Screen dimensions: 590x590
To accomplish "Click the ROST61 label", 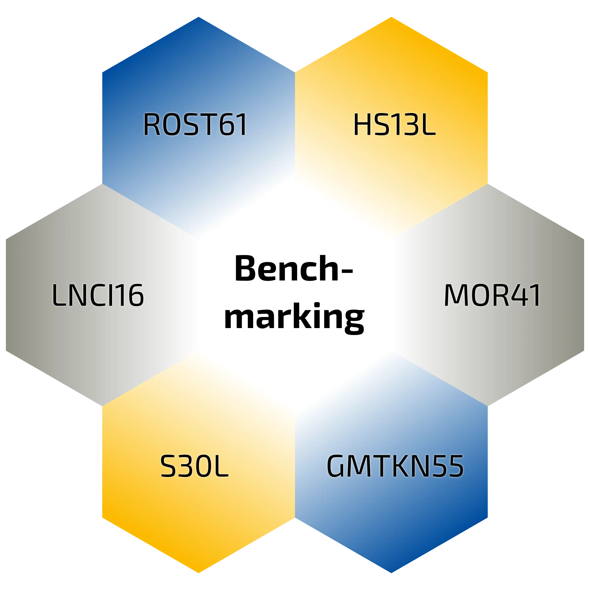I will click(195, 125).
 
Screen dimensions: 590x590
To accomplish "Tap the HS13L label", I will click(394, 125).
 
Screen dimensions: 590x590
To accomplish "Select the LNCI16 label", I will click(98, 295).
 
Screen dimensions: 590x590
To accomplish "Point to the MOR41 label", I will click(492, 295).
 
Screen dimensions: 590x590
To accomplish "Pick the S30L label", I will click(194, 467).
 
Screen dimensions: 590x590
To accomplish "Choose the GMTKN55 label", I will click(395, 467).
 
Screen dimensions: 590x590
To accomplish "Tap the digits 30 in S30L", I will click(193, 467).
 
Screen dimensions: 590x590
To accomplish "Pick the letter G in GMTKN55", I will click(336, 467).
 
